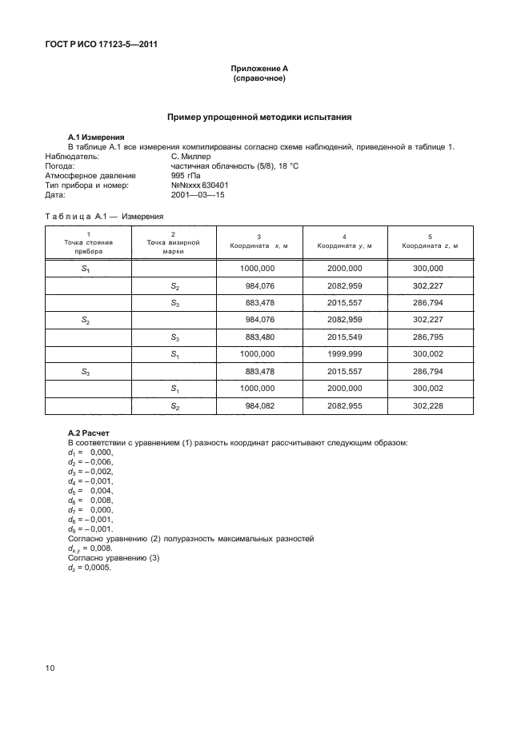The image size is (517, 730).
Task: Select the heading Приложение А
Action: (258, 70)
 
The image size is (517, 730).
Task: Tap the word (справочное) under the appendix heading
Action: (258, 79)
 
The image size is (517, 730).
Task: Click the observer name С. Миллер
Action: (191, 158)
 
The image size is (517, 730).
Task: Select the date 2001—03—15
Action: (198, 193)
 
